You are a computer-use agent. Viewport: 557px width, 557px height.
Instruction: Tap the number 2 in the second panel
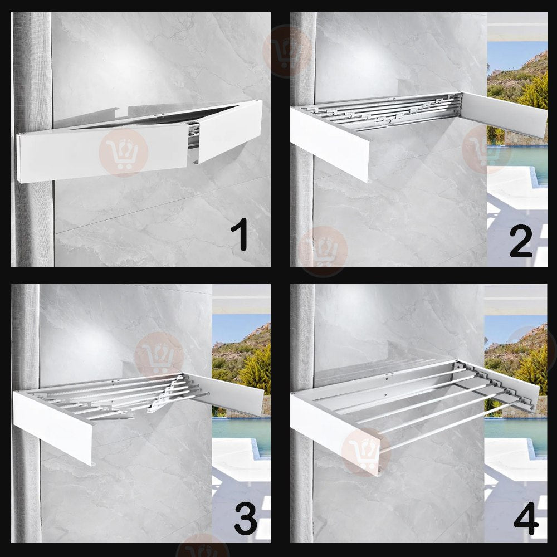[x=521, y=241]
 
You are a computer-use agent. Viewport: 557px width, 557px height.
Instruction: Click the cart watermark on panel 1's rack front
[x=123, y=153]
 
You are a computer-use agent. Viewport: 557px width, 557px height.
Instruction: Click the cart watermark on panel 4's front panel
[x=366, y=451]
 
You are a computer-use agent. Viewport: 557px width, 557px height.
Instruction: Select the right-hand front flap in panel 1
[x=230, y=131]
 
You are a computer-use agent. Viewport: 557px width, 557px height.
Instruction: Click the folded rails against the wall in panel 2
[x=384, y=111]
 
